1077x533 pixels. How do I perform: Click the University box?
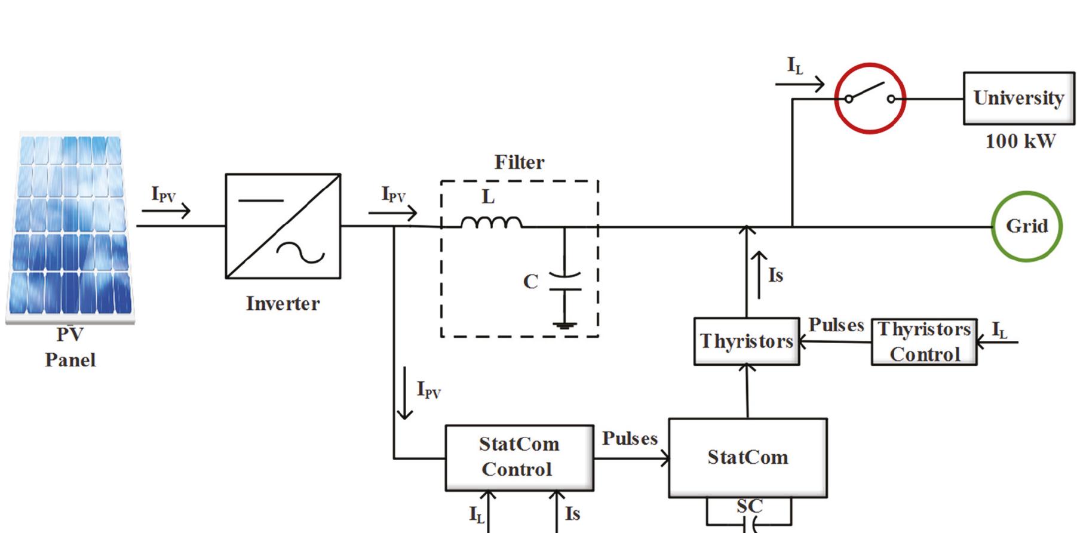tap(1018, 98)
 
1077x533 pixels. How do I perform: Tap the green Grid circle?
tap(1026, 226)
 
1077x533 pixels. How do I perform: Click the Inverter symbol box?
tap(283, 226)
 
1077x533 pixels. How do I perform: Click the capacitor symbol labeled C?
tap(564, 282)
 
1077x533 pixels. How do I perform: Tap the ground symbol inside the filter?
tap(564, 325)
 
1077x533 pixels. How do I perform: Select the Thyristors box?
tap(746, 341)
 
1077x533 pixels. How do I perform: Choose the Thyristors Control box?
tap(924, 342)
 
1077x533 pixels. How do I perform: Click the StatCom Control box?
tap(518, 458)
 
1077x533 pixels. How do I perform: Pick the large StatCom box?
tap(747, 458)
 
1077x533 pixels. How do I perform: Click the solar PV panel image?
tap(70, 227)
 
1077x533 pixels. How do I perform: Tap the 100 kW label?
tap(1020, 141)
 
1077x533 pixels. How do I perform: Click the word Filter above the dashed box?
tap(519, 162)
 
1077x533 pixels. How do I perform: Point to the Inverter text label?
tap(283, 304)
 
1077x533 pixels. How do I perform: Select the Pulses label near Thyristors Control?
tap(836, 325)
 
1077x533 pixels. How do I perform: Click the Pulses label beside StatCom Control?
tap(629, 439)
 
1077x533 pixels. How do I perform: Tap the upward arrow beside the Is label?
tap(759, 275)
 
